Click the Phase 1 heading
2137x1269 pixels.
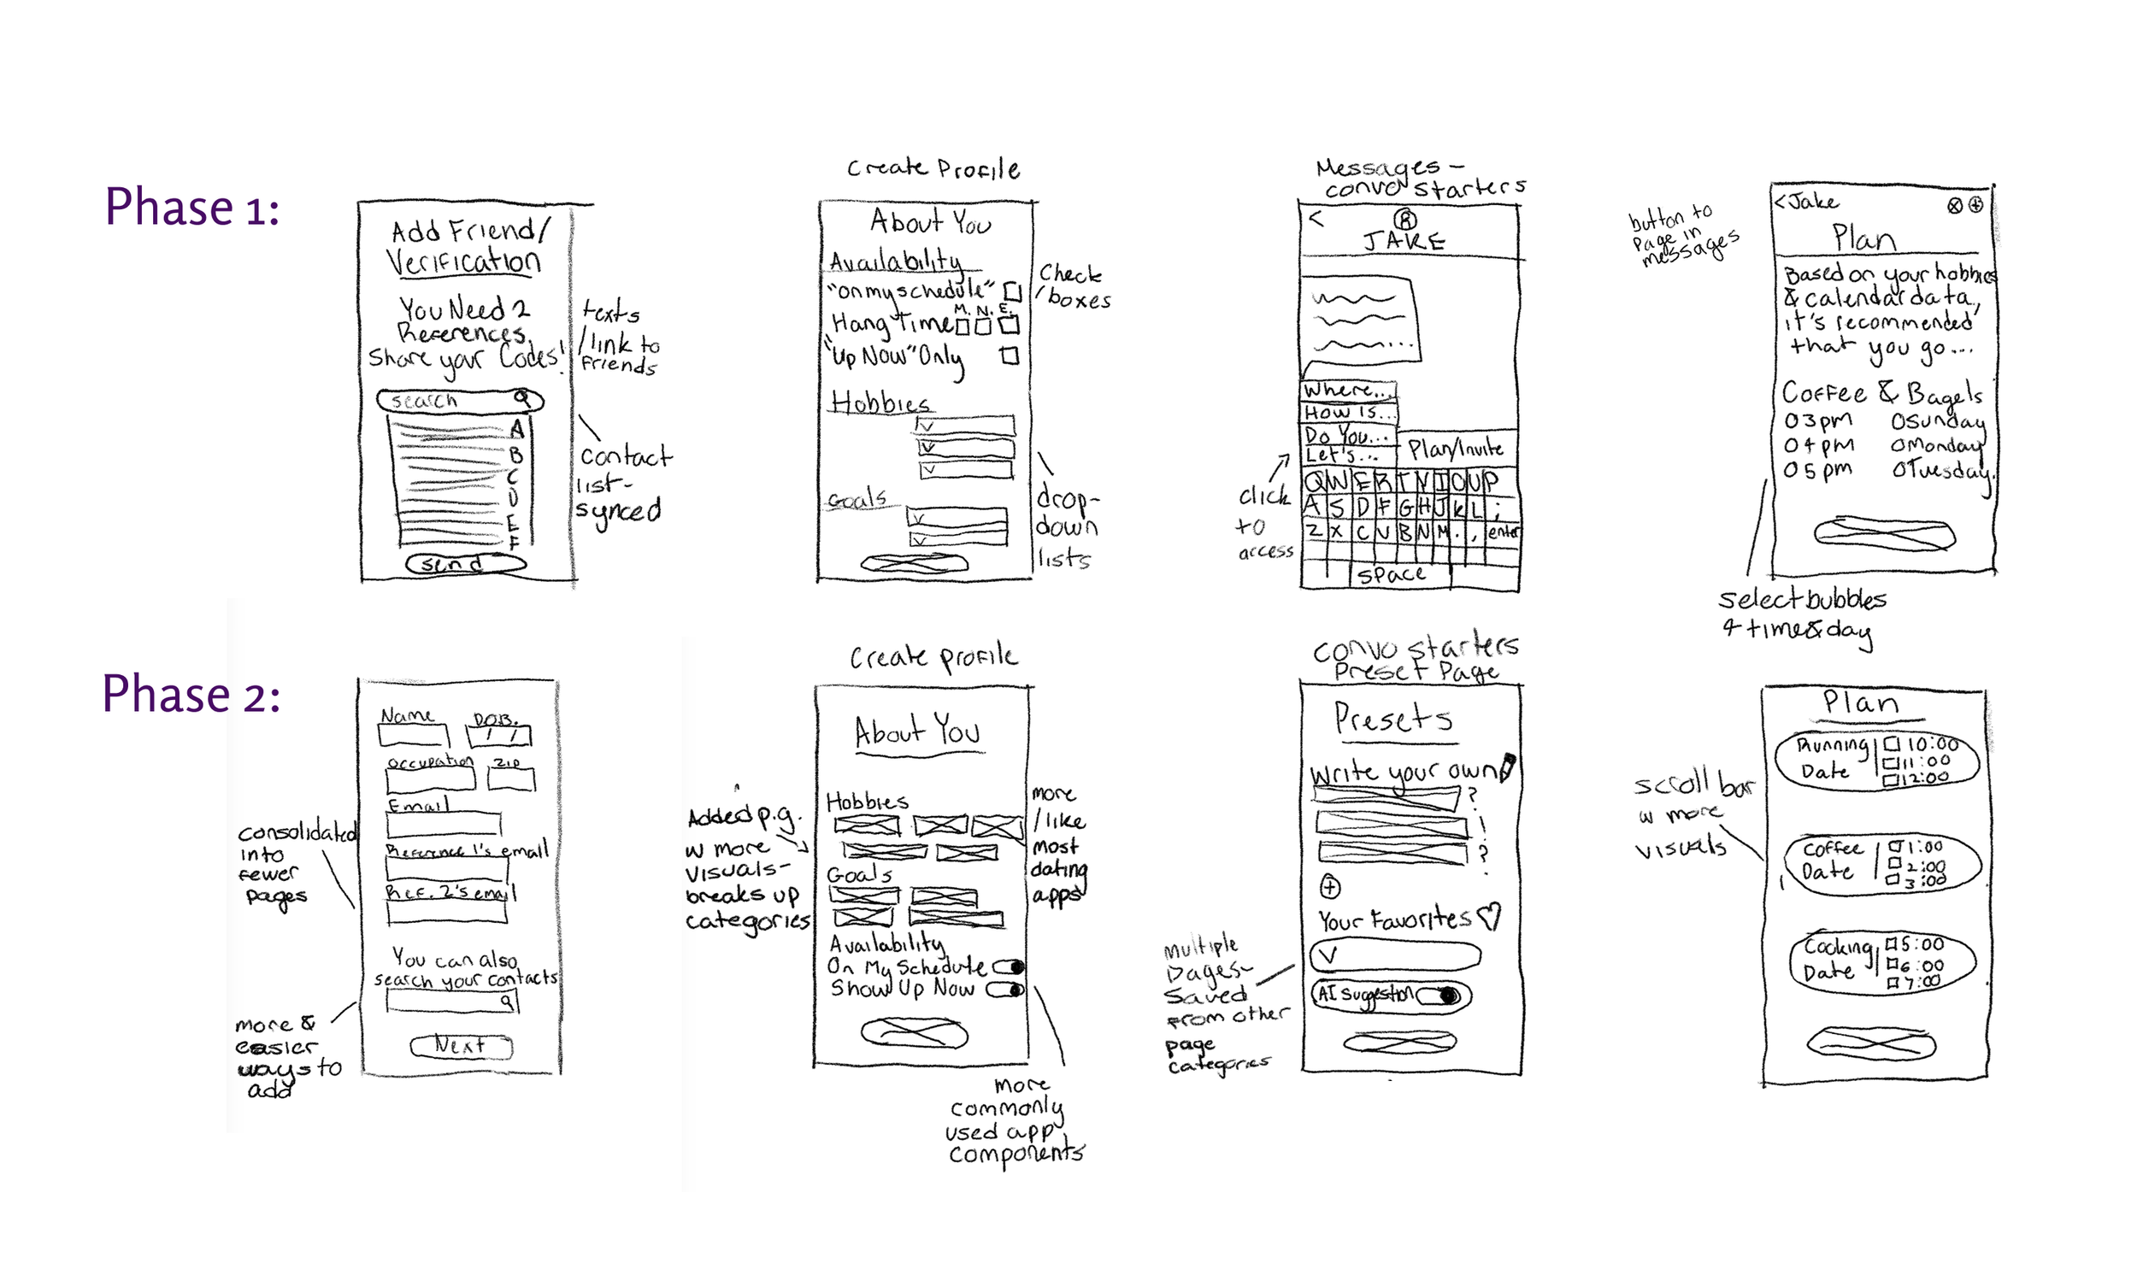(191, 208)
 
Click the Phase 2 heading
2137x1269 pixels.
(191, 694)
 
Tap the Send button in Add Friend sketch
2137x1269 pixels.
(465, 563)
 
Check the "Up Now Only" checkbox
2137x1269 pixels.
(1010, 355)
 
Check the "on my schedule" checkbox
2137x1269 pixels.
(1012, 291)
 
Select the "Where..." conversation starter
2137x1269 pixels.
(1348, 391)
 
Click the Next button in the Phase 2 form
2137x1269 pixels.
(461, 1046)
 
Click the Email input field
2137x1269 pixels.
(443, 825)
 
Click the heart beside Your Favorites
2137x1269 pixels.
(1490, 917)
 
